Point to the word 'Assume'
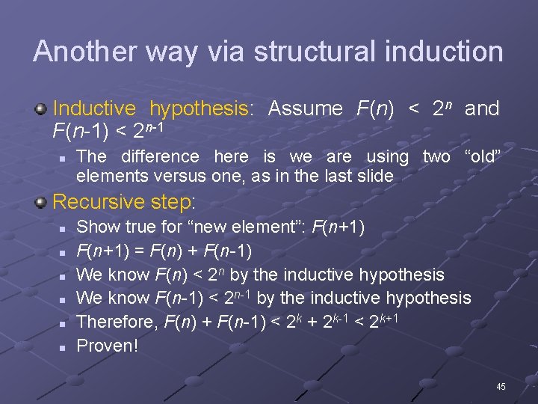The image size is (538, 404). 305,108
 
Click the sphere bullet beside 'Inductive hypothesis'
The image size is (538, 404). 43,109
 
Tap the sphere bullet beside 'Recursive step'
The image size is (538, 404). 43,202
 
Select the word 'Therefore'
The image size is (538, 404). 112,322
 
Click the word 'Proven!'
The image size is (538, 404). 108,346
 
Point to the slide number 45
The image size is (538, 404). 501,387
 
